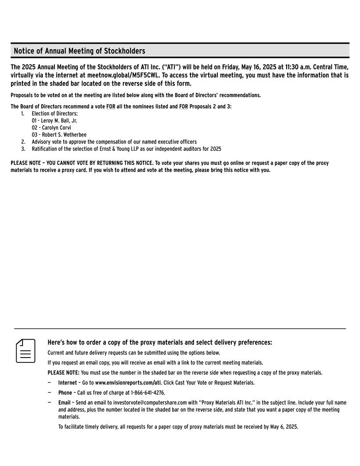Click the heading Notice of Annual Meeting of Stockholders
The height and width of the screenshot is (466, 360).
coord(79,51)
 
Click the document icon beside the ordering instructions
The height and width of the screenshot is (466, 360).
coord(25,350)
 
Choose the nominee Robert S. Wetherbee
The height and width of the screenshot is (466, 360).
coord(64,135)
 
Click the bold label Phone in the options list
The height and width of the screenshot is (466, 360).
coord(65,393)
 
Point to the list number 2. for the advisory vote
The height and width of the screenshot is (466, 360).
coord(23,142)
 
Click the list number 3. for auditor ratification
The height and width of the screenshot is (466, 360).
coord(23,149)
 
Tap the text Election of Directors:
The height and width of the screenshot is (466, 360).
coord(54,113)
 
